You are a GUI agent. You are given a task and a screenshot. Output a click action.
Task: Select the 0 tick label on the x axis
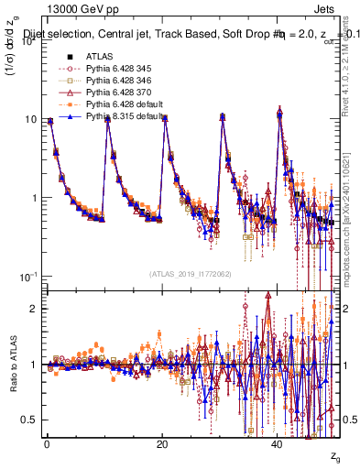(x=46, y=444)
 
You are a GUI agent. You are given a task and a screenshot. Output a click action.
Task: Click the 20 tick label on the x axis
(x=161, y=444)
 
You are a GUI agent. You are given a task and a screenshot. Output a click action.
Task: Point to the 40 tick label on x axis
(x=277, y=444)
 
